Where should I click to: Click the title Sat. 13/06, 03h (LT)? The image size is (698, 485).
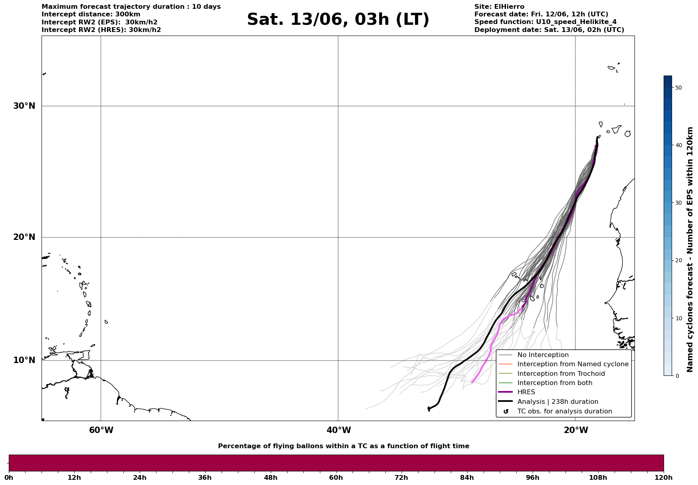338,20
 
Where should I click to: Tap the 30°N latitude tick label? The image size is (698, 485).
24,106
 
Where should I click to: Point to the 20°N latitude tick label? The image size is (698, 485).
24,237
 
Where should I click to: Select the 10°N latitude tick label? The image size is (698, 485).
24,360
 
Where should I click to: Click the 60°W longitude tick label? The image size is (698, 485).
101,430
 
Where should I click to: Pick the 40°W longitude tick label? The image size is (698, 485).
339,430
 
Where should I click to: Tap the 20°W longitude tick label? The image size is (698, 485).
576,430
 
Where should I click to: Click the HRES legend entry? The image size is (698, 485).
526,392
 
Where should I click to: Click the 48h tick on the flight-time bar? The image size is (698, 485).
270,477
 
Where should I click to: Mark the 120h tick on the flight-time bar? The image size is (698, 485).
664,477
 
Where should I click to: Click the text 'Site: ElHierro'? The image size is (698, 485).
499,7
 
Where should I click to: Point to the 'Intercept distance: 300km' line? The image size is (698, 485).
91,14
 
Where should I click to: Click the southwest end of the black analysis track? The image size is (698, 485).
429,410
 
